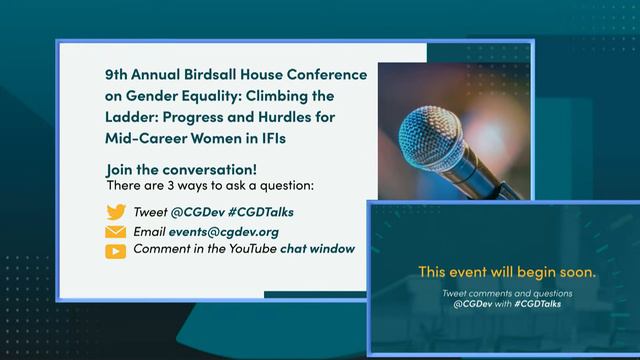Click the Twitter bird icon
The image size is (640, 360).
[116, 212]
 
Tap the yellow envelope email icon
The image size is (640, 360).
[116, 232]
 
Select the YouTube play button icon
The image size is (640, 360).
[116, 251]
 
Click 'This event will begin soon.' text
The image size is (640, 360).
[507, 271]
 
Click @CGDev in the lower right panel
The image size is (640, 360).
[470, 303]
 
